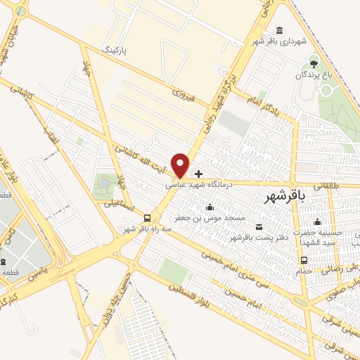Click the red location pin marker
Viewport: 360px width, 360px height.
pos(181,165)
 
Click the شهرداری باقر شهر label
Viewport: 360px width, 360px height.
pos(281,41)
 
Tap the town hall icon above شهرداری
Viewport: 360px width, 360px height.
pos(281,30)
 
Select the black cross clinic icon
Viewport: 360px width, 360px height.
pos(199,174)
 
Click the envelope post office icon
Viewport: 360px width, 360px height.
pos(259,226)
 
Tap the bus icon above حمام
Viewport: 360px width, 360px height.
pos(304,260)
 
